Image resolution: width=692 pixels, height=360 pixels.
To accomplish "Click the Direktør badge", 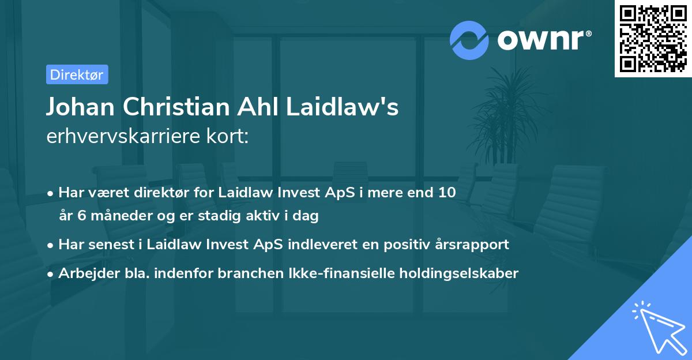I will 77,74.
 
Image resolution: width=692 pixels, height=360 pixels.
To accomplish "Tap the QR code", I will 653,39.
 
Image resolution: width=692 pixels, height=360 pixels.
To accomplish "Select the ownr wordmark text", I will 541,39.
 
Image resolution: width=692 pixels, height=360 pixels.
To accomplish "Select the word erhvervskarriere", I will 117,136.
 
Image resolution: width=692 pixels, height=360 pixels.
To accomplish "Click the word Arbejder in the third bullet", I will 85,273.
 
